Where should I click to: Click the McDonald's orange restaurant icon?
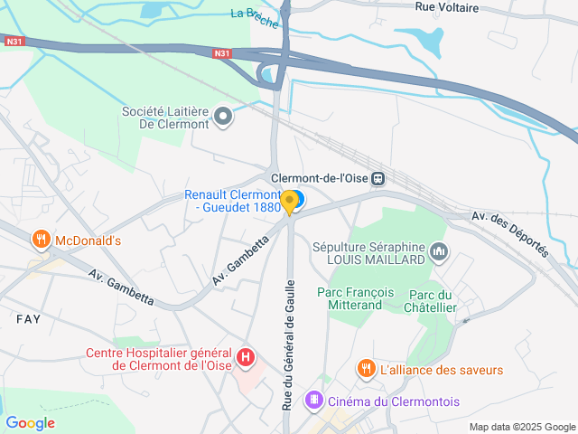(41, 241)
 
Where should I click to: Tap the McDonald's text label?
(88, 241)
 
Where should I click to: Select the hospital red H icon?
(244, 358)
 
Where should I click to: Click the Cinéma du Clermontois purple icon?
(313, 399)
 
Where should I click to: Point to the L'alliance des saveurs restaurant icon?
(366, 369)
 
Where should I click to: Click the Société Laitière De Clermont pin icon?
(223, 116)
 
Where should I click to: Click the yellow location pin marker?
(289, 202)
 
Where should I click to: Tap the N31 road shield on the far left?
(14, 41)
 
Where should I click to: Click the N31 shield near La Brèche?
(223, 54)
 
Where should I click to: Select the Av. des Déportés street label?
(510, 234)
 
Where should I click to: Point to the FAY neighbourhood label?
(28, 319)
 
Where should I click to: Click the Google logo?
(31, 422)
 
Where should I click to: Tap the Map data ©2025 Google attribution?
(521, 427)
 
